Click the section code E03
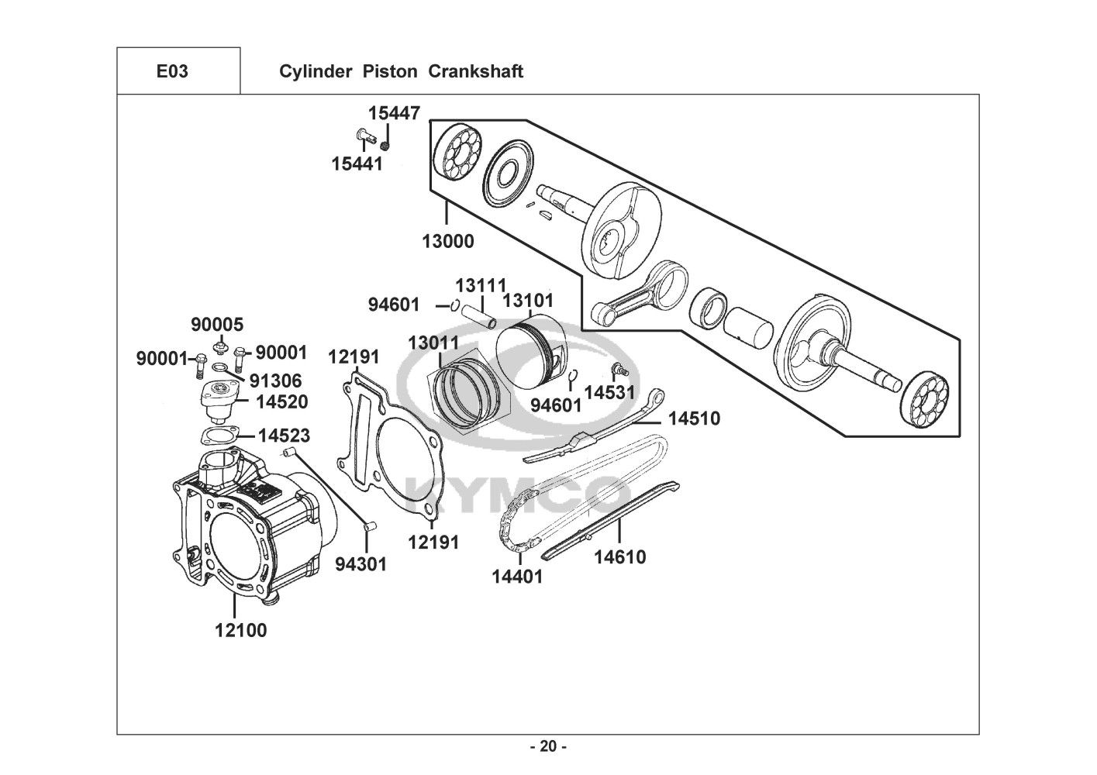[172, 71]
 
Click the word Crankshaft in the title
[475, 71]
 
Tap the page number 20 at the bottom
[549, 746]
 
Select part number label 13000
[448, 241]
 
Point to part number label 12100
[241, 631]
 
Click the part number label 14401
[518, 577]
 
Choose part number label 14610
[620, 557]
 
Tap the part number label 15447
[395, 113]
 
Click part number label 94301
[361, 564]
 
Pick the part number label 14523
[284, 436]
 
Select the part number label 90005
[217, 325]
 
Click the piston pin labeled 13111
[478, 317]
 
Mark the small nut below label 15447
[385, 146]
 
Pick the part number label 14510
[694, 418]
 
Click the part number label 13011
[434, 343]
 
